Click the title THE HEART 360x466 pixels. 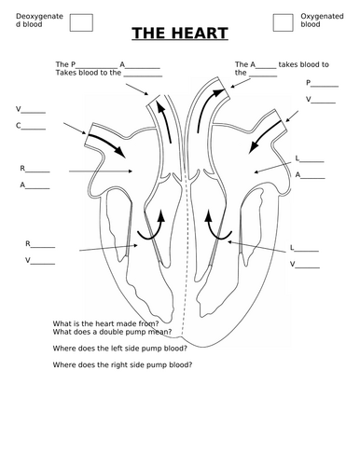(x=180, y=34)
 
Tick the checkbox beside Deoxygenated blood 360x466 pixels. (x=81, y=22)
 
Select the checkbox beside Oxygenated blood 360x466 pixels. (x=283, y=22)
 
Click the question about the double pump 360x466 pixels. (x=112, y=332)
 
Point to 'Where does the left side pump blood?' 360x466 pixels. (x=120, y=349)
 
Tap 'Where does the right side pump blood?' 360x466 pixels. (x=122, y=364)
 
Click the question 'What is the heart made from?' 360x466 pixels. (x=105, y=323)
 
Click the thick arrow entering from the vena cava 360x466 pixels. (x=107, y=145)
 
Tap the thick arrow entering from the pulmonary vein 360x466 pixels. (x=266, y=137)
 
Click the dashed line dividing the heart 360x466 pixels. (x=186, y=254)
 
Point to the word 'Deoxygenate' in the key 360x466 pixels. (x=39, y=16)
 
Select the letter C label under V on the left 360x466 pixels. (x=19, y=126)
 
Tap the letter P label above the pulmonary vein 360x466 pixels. (x=309, y=83)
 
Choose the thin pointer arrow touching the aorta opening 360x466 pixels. (x=241, y=83)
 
